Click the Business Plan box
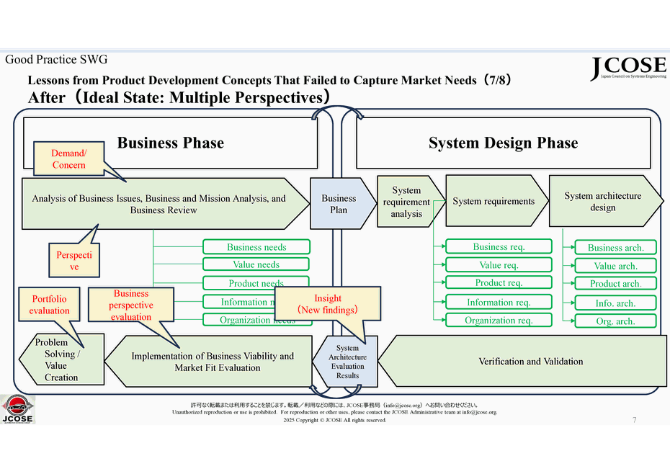pos(339,204)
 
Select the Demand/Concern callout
pos(68,159)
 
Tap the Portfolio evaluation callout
pos(50,305)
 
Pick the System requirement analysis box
pos(407,202)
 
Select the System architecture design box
pos(602,202)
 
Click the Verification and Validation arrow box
pos(530,361)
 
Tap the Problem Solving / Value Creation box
pos(61,359)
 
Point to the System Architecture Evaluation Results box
pos(348,362)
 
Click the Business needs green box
pos(256,247)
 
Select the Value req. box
pos(499,265)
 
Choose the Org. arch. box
pos(615,321)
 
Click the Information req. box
pos(499,303)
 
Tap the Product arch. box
pos(615,284)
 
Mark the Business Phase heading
pos(171,143)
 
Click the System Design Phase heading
pos(503,143)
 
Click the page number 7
pos(634,420)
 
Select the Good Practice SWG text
pos(56,60)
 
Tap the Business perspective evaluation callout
pos(131,305)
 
